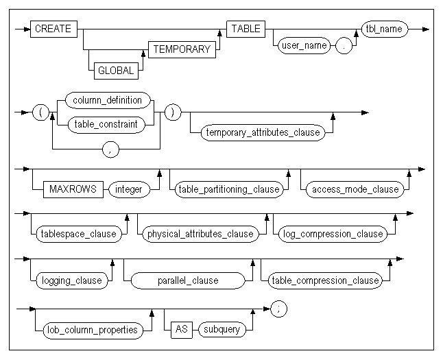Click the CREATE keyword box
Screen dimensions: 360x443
pos(53,29)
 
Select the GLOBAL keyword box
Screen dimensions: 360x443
pos(115,70)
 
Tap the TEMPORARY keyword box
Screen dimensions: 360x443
pos(180,50)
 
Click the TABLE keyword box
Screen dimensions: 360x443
pos(246,29)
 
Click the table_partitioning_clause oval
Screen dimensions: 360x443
pos(228,189)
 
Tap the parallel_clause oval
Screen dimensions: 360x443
pos(187,280)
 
